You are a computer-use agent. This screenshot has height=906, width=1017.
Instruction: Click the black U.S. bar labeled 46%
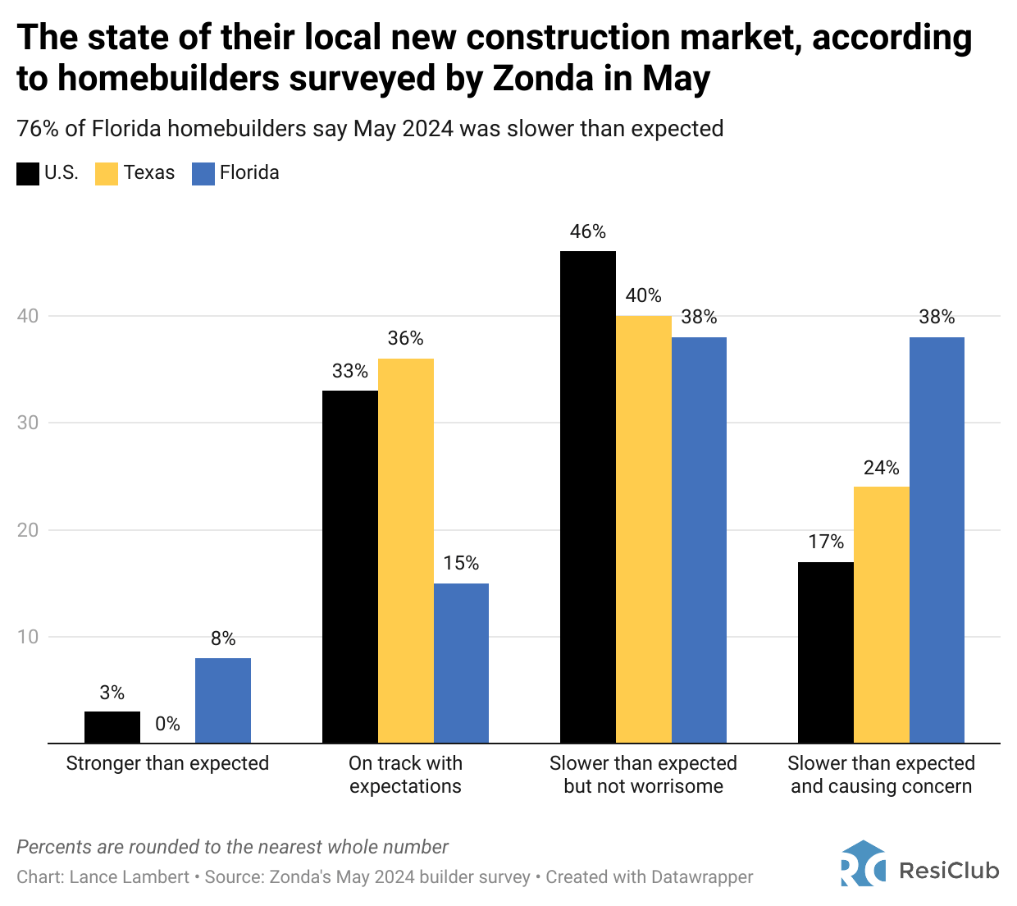pyautogui.click(x=587, y=496)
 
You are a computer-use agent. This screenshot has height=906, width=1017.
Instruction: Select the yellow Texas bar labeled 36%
pyautogui.click(x=405, y=551)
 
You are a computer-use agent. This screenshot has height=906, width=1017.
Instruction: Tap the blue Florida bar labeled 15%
pyautogui.click(x=461, y=663)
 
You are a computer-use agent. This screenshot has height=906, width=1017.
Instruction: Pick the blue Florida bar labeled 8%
pyautogui.click(x=223, y=700)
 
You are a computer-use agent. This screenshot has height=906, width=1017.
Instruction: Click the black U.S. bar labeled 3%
pyautogui.click(x=112, y=727)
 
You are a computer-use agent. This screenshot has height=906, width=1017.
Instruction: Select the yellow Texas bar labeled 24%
pyautogui.click(x=881, y=615)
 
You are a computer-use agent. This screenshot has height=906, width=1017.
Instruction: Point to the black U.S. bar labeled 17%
pyautogui.click(x=825, y=652)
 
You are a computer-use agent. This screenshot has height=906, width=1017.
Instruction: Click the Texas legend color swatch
pyautogui.click(x=107, y=173)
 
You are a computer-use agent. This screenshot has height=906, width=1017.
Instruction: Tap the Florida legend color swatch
pyautogui.click(x=203, y=173)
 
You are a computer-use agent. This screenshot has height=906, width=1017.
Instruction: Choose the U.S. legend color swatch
pyautogui.click(x=28, y=173)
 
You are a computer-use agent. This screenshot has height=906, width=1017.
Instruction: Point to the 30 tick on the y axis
pyautogui.click(x=28, y=423)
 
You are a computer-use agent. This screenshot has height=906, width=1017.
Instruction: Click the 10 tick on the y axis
pyautogui.click(x=28, y=637)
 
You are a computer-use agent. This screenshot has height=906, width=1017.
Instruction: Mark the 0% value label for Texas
pyautogui.click(x=167, y=724)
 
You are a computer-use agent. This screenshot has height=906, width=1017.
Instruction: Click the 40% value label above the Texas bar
pyautogui.click(x=643, y=295)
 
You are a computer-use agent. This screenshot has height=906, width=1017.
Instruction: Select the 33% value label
pyautogui.click(x=349, y=371)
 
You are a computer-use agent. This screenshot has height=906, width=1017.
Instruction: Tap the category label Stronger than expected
pyautogui.click(x=167, y=763)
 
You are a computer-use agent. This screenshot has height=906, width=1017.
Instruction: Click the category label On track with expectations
pyautogui.click(x=405, y=775)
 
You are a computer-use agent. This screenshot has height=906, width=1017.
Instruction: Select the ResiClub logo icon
pyautogui.click(x=863, y=863)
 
